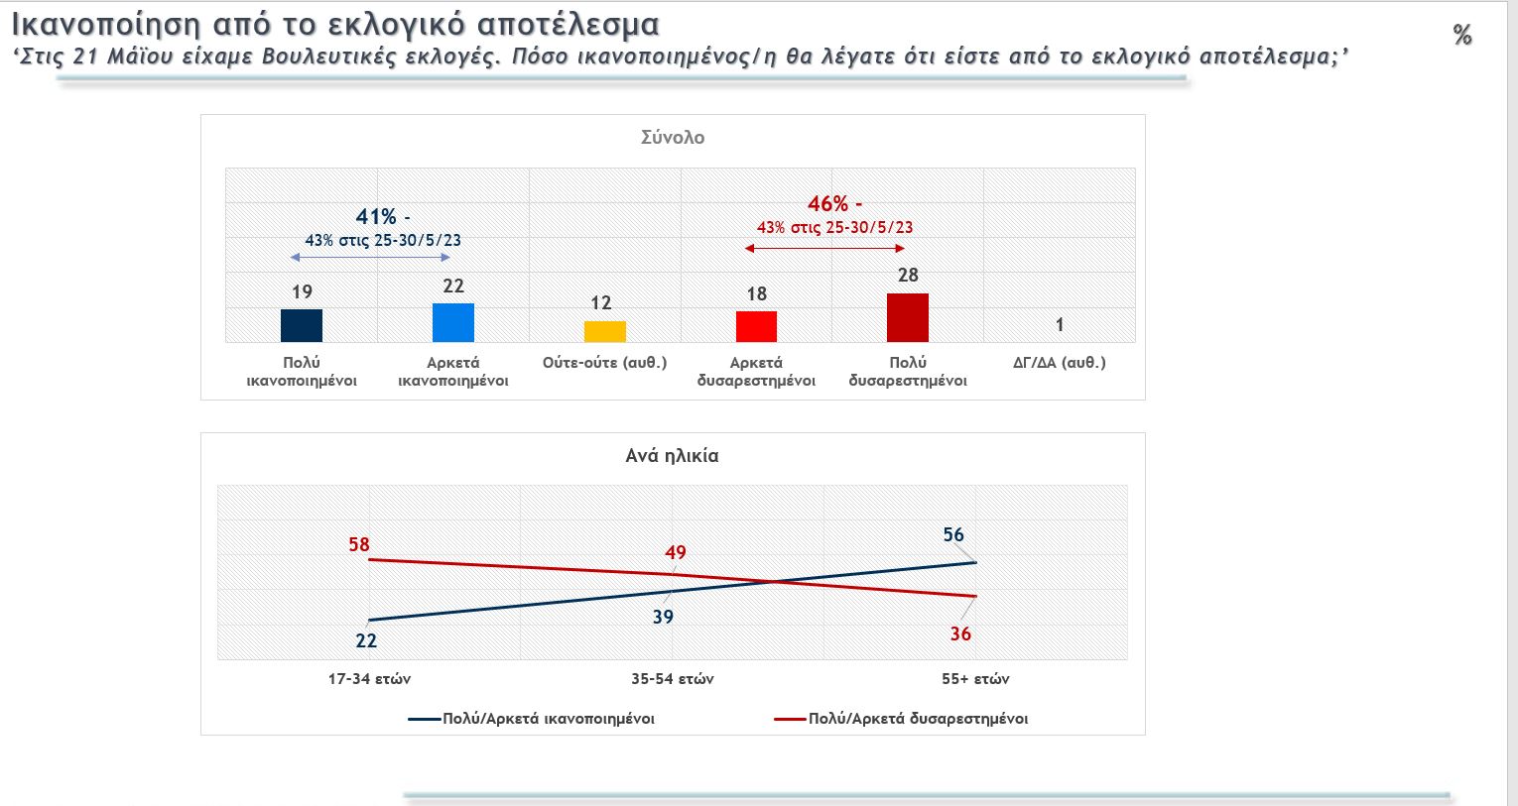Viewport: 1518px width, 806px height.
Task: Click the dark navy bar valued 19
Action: tap(302, 325)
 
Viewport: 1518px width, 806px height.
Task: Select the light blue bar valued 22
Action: tap(453, 322)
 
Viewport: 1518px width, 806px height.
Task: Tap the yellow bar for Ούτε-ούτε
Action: tap(605, 331)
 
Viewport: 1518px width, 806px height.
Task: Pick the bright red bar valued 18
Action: tap(756, 326)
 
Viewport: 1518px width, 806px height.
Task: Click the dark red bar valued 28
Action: tap(908, 317)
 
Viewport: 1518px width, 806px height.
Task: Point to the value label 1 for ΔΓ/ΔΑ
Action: tap(1060, 325)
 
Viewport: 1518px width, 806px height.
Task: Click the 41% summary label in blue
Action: tap(376, 217)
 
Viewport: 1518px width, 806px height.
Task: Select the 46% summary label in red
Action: tap(828, 204)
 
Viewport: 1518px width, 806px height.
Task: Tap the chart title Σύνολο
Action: tap(673, 138)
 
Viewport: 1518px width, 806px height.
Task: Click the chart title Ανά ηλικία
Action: tap(672, 456)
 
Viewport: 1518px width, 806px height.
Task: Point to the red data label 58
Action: tap(359, 544)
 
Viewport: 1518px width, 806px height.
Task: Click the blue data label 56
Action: tap(953, 535)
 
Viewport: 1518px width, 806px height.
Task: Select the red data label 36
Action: tap(960, 633)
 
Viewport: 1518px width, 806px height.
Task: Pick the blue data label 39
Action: tap(663, 617)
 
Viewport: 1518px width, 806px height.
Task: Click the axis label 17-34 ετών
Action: tap(369, 679)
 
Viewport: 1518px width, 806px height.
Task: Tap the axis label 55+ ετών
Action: tap(975, 679)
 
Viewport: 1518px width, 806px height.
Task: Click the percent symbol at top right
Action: tap(1462, 36)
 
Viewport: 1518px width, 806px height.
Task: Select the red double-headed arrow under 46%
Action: tap(825, 248)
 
